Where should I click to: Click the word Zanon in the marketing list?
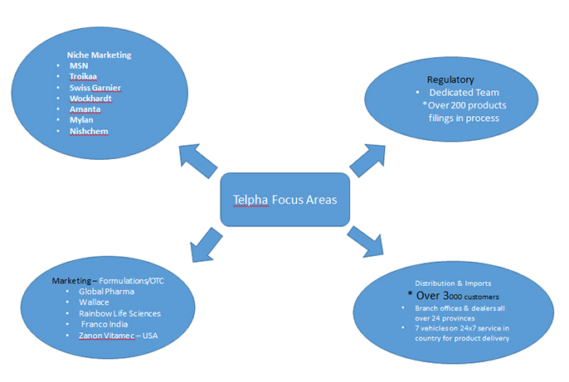point(93,335)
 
